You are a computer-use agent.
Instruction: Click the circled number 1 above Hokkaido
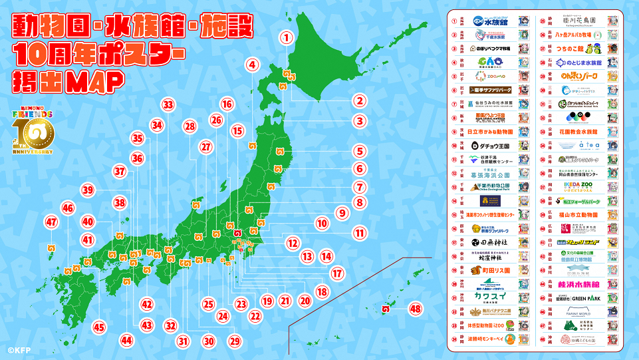[x=286, y=38]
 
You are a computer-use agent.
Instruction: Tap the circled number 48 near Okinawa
[x=416, y=309]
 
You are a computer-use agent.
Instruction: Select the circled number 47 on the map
[x=51, y=222]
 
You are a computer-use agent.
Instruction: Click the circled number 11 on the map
[x=360, y=234]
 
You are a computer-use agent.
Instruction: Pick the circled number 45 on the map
[x=99, y=327]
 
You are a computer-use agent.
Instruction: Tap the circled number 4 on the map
[x=251, y=65]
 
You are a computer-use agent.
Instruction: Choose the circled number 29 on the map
[x=233, y=341]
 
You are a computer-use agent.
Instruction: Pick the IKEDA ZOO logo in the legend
[x=578, y=182]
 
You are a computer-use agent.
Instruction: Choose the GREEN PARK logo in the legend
[x=578, y=298]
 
